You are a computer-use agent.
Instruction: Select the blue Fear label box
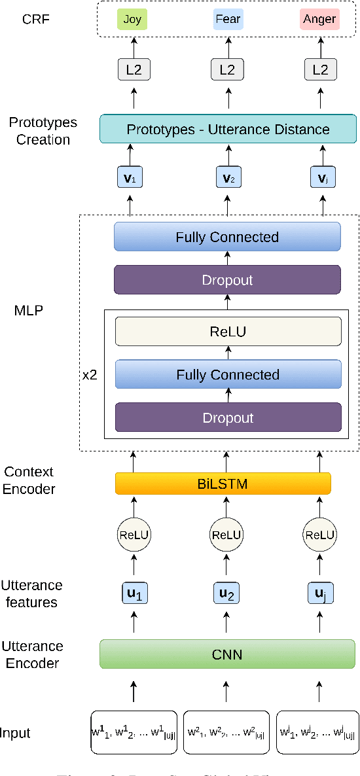[228, 20]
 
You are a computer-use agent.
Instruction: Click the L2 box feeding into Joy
[134, 69]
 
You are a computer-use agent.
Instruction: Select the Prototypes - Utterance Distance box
[228, 130]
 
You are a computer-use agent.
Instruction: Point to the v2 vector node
[228, 177]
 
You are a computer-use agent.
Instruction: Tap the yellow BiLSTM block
[223, 484]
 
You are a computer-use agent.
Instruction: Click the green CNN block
[228, 654]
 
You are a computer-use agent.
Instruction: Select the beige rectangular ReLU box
[228, 331]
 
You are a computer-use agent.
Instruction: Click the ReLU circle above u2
[227, 535]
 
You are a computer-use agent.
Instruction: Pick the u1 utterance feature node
[134, 594]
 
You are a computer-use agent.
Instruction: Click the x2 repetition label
[90, 377]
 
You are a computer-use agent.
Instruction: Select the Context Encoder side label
[29, 480]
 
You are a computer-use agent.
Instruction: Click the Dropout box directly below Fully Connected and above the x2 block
[228, 280]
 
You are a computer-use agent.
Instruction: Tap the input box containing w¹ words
[134, 733]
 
